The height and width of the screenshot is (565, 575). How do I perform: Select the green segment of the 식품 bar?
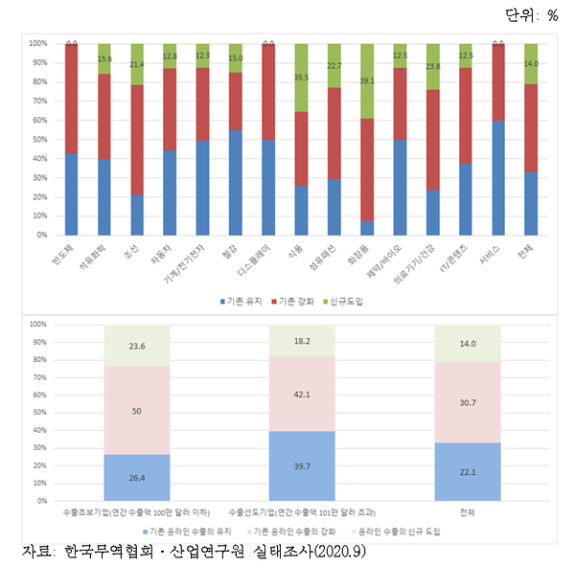click(x=302, y=78)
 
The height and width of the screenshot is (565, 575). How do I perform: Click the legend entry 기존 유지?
click(x=241, y=302)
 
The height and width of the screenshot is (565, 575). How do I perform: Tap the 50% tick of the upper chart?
click(x=39, y=139)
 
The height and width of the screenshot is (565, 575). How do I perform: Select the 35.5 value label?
click(x=302, y=78)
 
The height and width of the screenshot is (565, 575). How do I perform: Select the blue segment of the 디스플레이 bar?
click(x=268, y=187)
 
